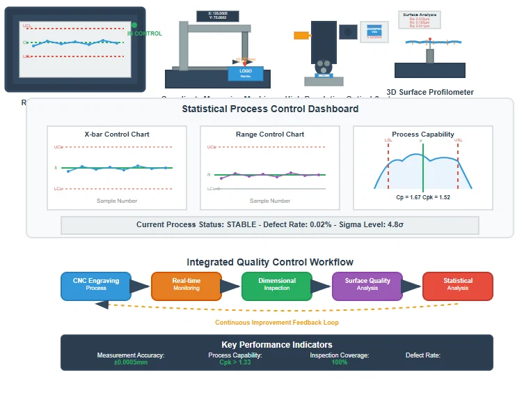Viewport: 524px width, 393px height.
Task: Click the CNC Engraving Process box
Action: [96, 284]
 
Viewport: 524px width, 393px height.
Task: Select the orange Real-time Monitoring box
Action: [186, 284]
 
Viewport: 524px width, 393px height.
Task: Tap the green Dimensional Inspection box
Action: [277, 284]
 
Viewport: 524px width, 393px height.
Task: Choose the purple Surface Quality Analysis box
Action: [367, 284]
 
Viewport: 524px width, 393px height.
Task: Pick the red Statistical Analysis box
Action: [458, 284]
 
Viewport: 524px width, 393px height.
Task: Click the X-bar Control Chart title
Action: [117, 134]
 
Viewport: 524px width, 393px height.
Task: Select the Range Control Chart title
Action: [270, 134]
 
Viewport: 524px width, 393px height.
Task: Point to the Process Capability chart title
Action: [423, 134]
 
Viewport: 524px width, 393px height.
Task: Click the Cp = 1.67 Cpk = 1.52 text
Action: [423, 197]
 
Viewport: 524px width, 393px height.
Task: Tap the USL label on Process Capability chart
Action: [458, 140]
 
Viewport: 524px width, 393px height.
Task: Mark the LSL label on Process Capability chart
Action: [388, 140]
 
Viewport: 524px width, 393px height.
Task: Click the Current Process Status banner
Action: [270, 224]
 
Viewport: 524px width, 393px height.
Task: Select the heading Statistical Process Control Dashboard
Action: [270, 109]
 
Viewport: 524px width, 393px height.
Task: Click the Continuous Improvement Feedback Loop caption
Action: [277, 323]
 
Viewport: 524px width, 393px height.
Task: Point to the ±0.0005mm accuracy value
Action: [131, 362]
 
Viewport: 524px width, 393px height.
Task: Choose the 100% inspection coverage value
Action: [340, 362]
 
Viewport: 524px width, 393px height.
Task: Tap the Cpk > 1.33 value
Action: [235, 362]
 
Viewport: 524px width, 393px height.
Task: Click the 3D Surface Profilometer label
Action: [430, 92]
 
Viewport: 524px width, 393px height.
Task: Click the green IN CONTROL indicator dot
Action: [134, 25]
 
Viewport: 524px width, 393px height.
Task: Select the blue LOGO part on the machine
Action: [246, 72]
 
